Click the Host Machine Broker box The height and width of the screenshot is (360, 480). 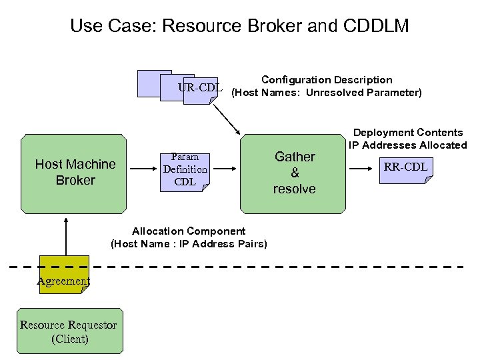tap(75, 172)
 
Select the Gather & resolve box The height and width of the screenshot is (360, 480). tap(294, 172)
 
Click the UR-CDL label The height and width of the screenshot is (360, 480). tap(199, 87)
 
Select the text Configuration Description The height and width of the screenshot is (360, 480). tap(327, 80)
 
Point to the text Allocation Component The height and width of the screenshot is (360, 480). tap(189, 231)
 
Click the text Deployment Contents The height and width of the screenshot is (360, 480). tap(407, 133)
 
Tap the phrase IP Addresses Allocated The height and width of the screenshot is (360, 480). tap(407, 145)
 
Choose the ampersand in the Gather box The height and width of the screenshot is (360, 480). tap(294, 173)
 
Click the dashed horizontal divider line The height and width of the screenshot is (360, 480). tap(267, 267)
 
